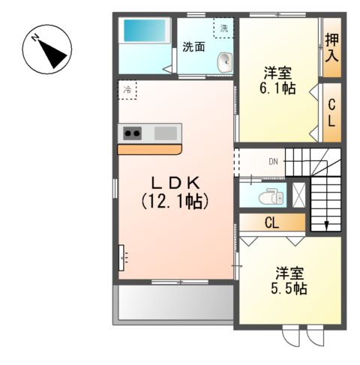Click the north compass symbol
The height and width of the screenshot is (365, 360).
pyautogui.click(x=47, y=49)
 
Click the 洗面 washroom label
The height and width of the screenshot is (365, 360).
pyautogui.click(x=193, y=46)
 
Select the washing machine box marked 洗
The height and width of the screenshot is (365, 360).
pyautogui.click(x=223, y=28)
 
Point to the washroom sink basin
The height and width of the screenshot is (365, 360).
pyautogui.click(x=224, y=64)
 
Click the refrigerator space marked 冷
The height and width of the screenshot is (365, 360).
pyautogui.click(x=127, y=90)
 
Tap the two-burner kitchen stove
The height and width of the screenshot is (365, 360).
pyautogui.click(x=133, y=133)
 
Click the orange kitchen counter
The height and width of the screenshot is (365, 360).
pyautogui.click(x=149, y=149)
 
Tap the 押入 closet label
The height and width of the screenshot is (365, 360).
pyautogui.click(x=331, y=47)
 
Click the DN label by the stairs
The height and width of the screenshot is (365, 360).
pyautogui.click(x=273, y=160)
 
